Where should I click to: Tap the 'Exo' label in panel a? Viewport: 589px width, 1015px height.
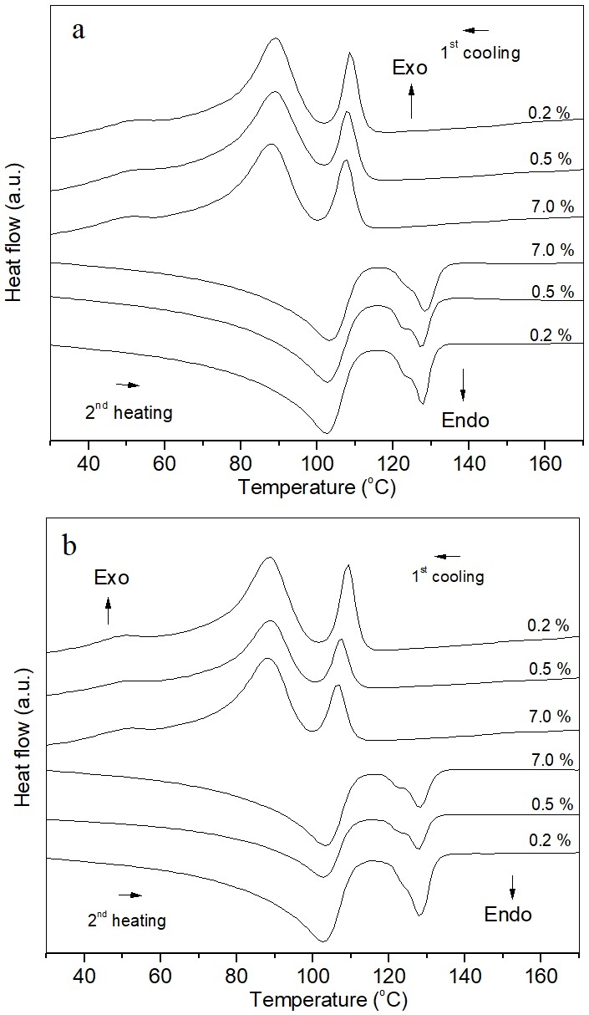[410, 68]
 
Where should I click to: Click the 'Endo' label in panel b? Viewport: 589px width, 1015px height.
[508, 915]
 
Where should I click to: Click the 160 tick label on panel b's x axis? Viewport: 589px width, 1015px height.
[541, 976]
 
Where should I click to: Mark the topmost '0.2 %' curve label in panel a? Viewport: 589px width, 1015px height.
[548, 113]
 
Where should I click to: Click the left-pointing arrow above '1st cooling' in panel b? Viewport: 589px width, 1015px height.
[447, 556]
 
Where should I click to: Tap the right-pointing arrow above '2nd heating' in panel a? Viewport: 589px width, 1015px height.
[128, 385]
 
